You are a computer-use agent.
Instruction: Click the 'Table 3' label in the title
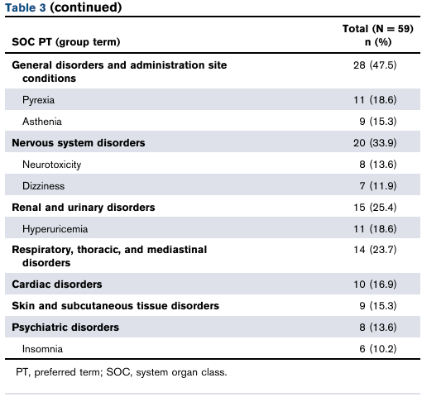[x=26, y=7]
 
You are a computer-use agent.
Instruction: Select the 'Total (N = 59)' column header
[x=378, y=29]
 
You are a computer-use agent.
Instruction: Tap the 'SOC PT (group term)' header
[x=66, y=42]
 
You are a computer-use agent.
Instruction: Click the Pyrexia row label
[x=38, y=100]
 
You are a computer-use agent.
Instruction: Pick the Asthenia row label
[x=42, y=122]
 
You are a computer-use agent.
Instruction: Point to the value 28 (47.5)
[x=375, y=65]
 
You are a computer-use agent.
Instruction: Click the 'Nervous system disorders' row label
[x=79, y=143]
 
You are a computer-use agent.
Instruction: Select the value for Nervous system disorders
[x=375, y=143]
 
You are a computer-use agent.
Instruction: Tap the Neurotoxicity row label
[x=52, y=165]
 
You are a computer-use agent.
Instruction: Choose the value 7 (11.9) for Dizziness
[x=378, y=186]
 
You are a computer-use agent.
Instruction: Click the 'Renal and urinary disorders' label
[x=84, y=208]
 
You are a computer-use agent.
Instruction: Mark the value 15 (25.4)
[x=375, y=208]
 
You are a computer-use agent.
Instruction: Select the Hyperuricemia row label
[x=55, y=229]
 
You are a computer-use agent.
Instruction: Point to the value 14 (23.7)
[x=375, y=250]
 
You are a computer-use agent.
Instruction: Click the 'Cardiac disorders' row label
[x=57, y=285]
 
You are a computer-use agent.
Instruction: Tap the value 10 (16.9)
[x=375, y=285]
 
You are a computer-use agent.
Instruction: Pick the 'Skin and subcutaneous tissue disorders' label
[x=115, y=306]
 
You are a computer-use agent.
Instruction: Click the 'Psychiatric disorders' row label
[x=65, y=328]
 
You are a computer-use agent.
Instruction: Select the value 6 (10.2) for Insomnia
[x=378, y=349]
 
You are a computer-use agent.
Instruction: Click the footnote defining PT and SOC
[x=122, y=372]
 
